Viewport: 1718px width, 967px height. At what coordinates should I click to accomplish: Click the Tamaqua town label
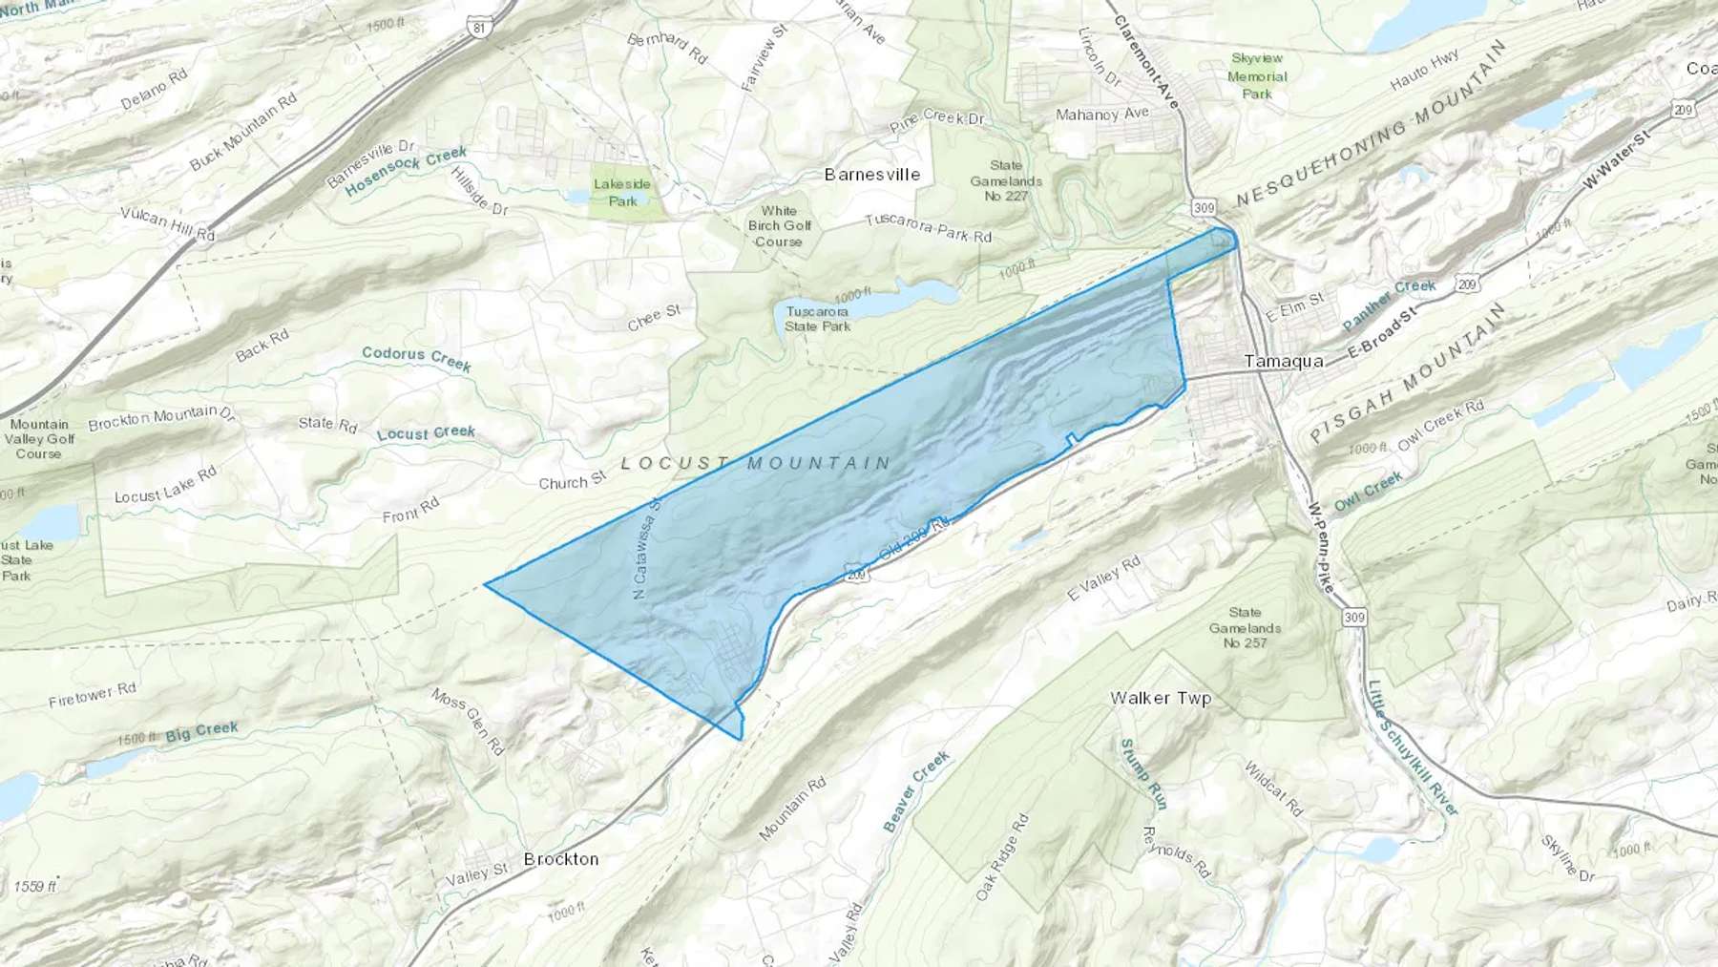[x=1284, y=362]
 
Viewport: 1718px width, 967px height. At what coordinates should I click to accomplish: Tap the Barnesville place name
[x=872, y=175]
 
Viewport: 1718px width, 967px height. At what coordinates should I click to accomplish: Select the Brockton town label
[x=561, y=859]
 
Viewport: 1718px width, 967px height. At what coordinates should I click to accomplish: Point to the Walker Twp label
[x=1161, y=698]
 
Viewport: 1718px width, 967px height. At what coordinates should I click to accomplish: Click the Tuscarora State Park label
[x=817, y=319]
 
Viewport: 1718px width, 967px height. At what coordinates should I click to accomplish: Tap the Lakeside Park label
[x=622, y=192]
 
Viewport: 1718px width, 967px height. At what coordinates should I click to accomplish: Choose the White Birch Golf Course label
[x=779, y=226]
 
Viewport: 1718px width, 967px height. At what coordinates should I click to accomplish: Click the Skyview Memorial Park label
[x=1257, y=76]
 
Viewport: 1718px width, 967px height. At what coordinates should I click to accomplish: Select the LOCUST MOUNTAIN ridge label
[x=756, y=463]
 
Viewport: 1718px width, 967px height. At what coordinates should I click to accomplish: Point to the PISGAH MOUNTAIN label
[x=1408, y=375]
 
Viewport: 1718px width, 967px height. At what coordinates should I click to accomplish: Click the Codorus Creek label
[x=416, y=358]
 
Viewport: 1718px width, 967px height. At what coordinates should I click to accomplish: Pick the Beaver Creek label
[x=916, y=790]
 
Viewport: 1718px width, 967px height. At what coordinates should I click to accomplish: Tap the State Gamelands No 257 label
[x=1245, y=627]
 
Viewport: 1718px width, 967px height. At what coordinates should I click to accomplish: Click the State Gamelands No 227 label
[x=1006, y=180]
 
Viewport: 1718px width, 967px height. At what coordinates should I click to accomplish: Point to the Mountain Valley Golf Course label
[x=39, y=439]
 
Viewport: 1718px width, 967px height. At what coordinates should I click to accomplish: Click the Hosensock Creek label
[x=407, y=170]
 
